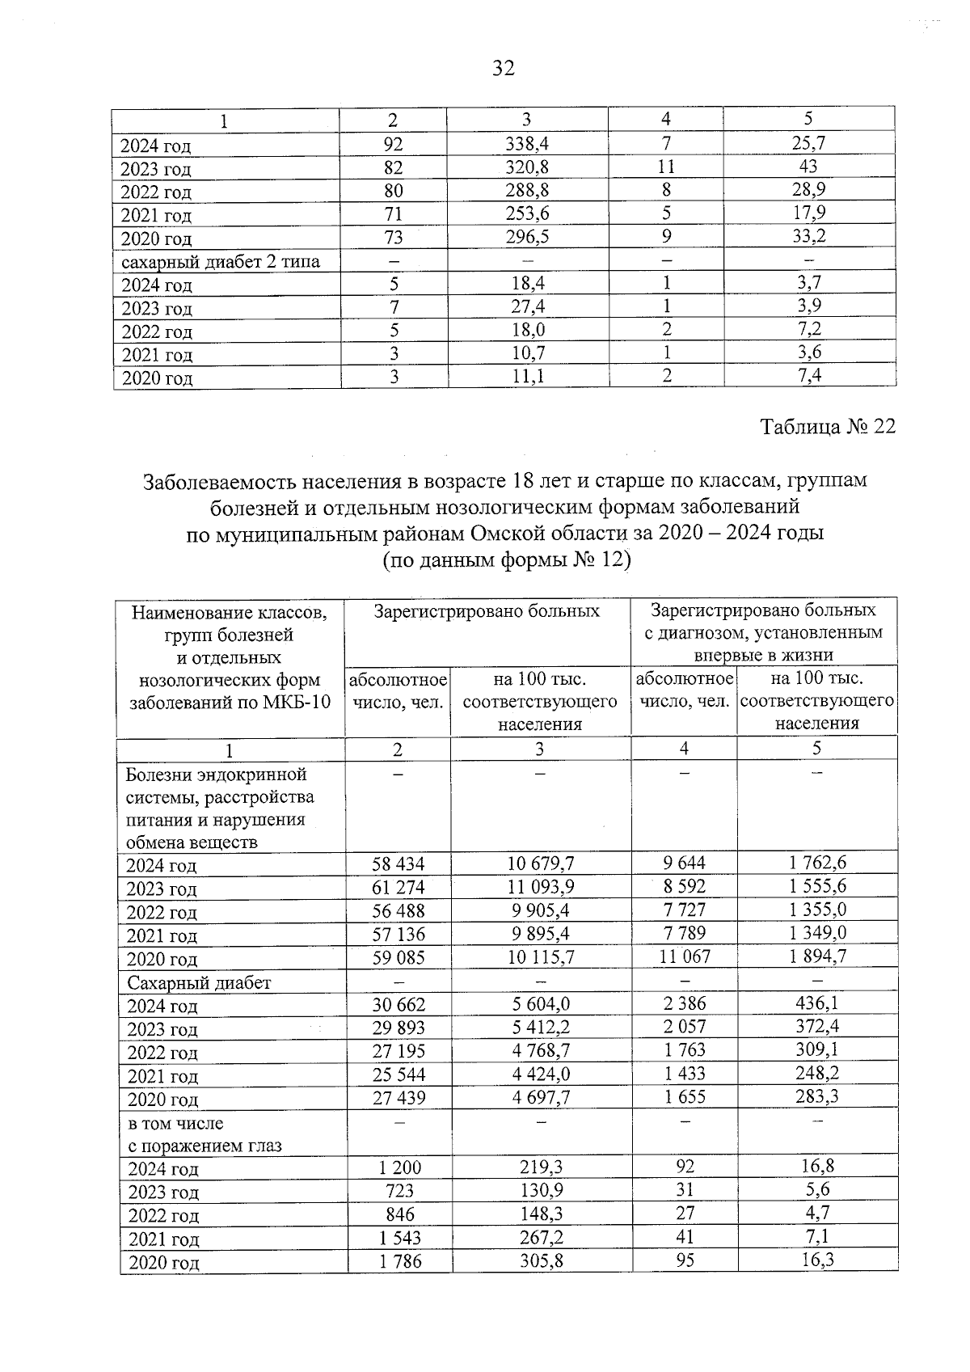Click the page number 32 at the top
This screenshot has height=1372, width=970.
point(503,69)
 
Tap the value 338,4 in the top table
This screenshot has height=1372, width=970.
point(526,144)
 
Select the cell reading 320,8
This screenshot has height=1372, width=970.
point(526,167)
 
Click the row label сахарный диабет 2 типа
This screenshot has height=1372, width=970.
point(220,261)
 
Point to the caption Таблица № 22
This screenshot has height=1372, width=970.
point(828,426)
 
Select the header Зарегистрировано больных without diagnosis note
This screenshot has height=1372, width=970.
point(487,611)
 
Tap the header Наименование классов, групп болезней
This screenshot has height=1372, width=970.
point(230,623)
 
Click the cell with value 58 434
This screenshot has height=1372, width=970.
point(398,863)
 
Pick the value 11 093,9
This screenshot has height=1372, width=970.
point(541,886)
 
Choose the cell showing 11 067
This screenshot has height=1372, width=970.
point(684,956)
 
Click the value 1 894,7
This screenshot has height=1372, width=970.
point(817,956)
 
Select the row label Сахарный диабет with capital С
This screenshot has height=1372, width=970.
point(198,982)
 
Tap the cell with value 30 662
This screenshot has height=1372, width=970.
point(398,1005)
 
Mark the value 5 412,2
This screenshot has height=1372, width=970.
point(541,1028)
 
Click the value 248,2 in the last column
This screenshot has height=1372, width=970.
point(817,1073)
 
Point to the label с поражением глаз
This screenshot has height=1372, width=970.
point(205,1146)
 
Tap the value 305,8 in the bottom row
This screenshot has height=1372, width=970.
point(541,1260)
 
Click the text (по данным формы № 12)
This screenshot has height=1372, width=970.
point(505,560)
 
